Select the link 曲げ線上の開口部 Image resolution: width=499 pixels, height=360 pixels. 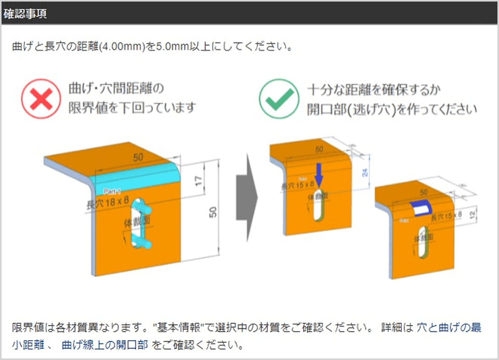(x=104, y=344)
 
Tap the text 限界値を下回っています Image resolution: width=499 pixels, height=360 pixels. (x=133, y=108)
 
